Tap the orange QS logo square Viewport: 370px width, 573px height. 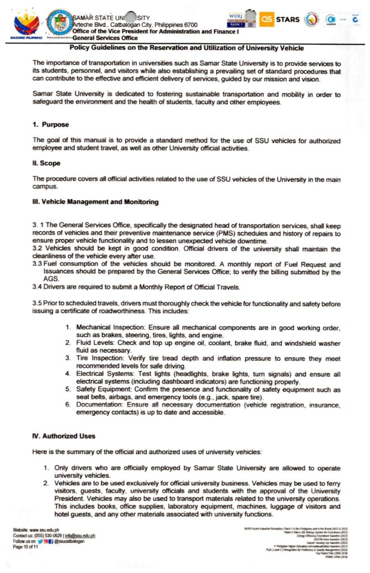coord(267,20)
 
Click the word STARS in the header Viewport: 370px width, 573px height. coord(288,20)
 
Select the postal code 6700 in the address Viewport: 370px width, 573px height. coord(188,25)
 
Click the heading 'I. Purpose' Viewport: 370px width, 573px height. coord(50,124)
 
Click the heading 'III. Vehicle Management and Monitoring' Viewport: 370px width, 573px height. coord(96,201)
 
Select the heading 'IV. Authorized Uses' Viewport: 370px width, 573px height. coord(64,435)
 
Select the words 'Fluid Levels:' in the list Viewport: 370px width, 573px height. coord(94,341)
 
